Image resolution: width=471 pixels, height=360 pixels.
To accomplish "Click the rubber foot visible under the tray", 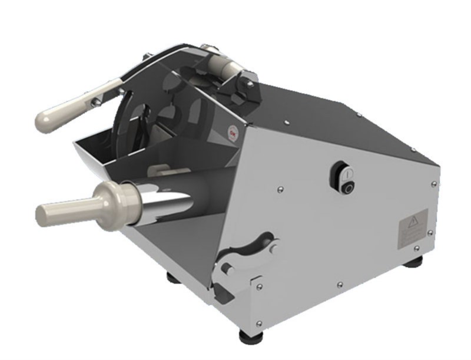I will click(174, 276).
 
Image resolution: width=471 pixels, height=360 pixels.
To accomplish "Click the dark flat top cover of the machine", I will click(330, 118).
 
